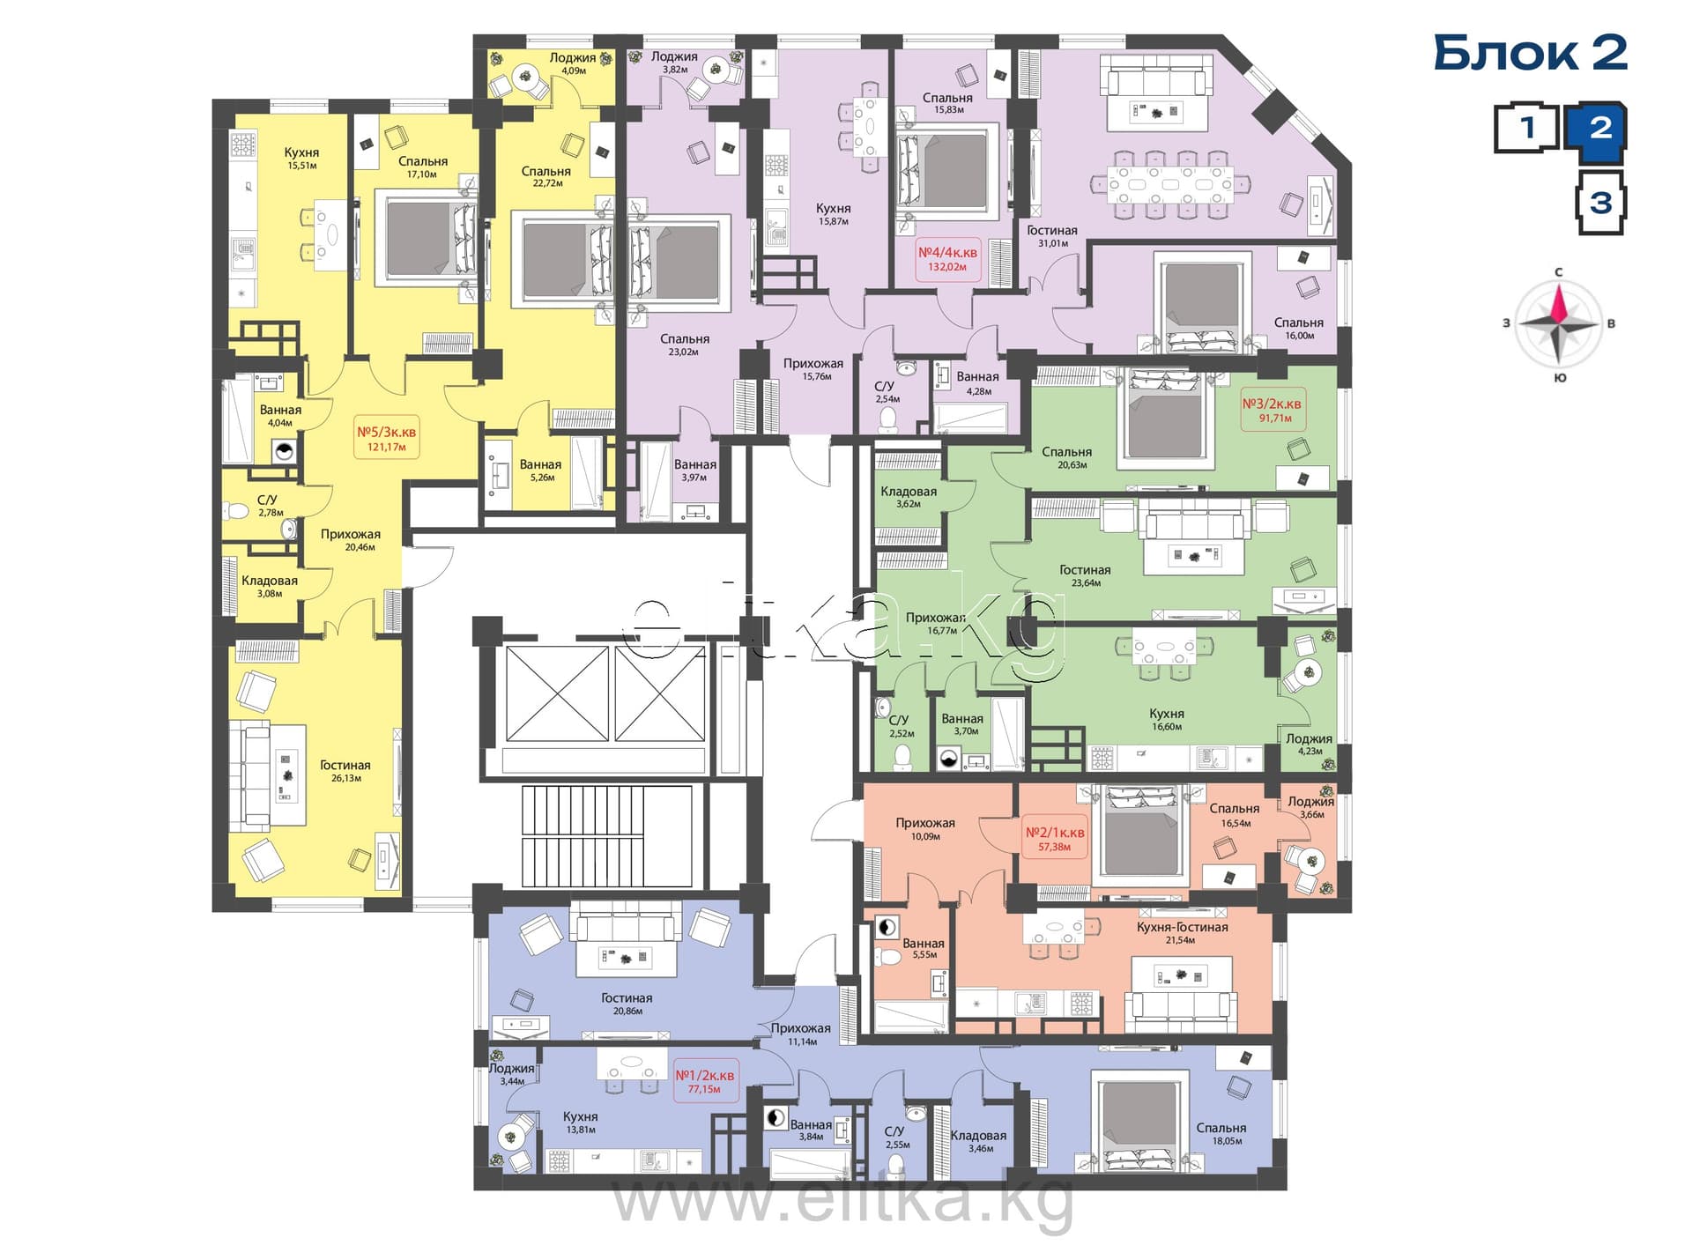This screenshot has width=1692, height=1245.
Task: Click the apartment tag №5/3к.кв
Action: pos(386,438)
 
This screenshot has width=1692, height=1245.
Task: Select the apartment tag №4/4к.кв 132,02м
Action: pos(947,259)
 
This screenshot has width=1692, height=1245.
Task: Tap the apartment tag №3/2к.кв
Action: pos(1272,410)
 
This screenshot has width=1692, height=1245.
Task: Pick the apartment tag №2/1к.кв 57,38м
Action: pos(1055,839)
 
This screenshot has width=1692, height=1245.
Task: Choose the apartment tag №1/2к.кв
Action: pos(704,1081)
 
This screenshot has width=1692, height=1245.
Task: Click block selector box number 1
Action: pos(1526,128)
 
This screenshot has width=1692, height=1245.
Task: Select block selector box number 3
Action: pos(1600,204)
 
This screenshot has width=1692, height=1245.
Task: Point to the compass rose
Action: pos(1558,324)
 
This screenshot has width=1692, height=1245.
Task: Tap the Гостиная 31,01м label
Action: pos(1052,236)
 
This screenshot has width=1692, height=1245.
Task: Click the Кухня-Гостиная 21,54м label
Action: pos(1182,933)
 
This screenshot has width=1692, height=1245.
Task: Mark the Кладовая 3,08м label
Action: pos(270,587)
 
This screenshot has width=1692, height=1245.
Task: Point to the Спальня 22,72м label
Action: pos(546,177)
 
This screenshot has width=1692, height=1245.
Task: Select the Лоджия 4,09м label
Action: pos(573,63)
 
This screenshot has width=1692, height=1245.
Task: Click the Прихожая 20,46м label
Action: pos(351,540)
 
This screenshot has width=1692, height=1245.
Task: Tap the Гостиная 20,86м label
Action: pos(627,1004)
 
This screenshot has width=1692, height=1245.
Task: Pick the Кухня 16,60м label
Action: pos(1167,720)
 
